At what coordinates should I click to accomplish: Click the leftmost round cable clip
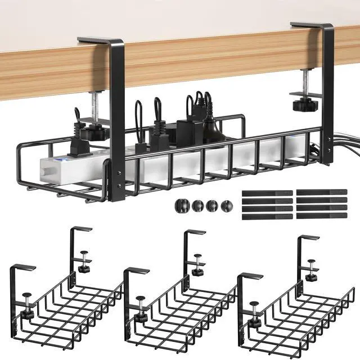pos(184,205)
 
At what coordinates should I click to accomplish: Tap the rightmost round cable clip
pos(226,205)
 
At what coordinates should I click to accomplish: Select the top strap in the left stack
pos(267,193)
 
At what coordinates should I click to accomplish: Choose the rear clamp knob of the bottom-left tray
pos(84,268)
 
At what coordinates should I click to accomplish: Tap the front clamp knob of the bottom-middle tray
pos(140,299)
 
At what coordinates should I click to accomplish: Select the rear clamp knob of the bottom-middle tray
pos(197,271)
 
